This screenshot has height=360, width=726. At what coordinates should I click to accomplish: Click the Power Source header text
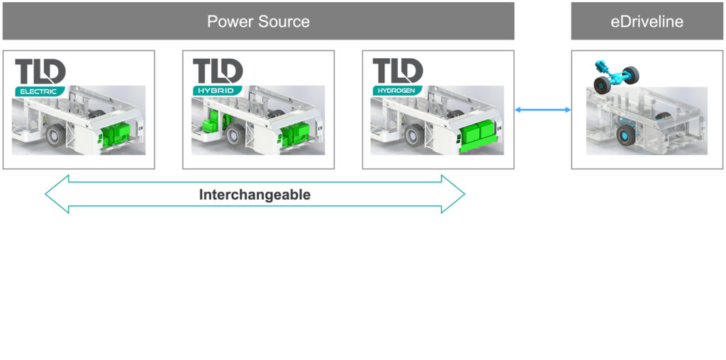click(258, 21)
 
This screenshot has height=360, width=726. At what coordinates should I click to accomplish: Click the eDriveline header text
click(647, 21)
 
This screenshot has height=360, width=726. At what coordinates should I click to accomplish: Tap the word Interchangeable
click(255, 195)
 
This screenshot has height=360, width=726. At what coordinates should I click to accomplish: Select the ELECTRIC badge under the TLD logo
click(40, 91)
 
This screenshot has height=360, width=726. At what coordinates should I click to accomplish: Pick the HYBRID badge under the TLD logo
click(217, 91)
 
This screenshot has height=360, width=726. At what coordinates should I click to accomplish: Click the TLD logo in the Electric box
click(40, 72)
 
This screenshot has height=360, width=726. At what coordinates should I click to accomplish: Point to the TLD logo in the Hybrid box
click(218, 72)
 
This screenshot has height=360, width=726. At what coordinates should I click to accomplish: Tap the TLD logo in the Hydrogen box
click(398, 72)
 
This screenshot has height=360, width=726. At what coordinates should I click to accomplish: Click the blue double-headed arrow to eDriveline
click(542, 109)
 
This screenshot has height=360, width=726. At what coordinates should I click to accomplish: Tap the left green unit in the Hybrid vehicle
click(211, 126)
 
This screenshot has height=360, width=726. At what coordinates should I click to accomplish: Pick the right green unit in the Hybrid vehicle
click(294, 135)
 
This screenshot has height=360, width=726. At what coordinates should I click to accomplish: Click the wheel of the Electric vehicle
click(55, 135)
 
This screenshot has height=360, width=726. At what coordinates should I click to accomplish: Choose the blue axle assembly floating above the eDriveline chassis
click(613, 72)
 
